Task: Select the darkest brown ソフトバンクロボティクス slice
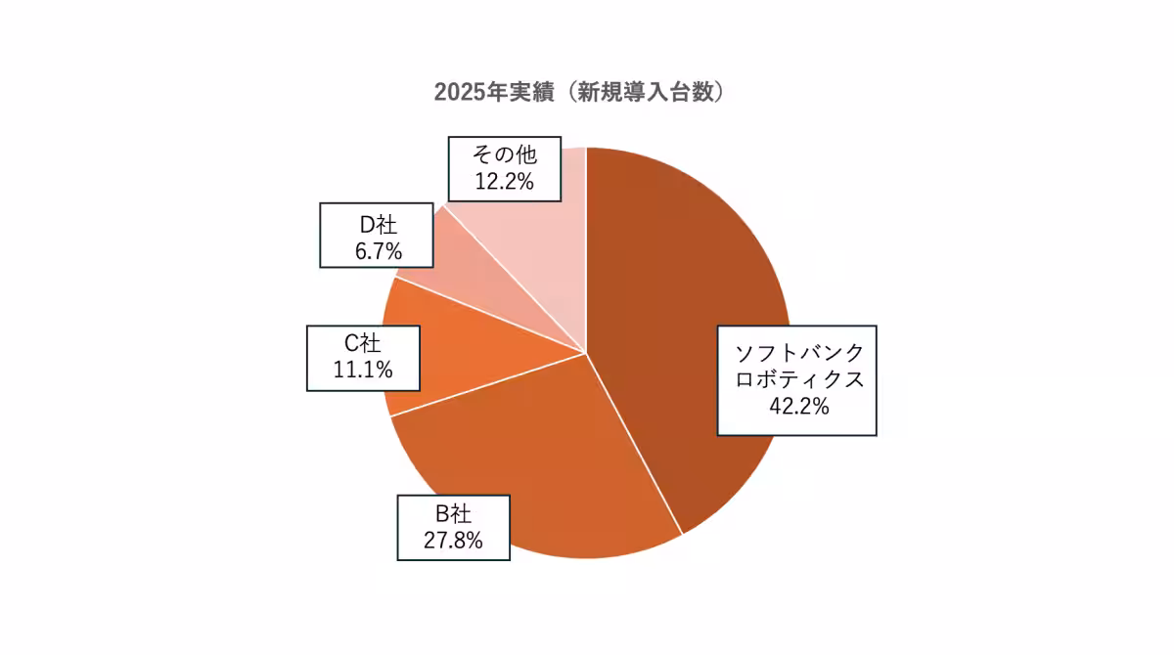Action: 685,293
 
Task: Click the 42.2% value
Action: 797,406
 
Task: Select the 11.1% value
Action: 363,370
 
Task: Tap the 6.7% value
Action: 377,251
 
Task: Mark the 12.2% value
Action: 505,182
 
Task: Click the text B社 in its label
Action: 453,513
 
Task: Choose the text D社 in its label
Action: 377,224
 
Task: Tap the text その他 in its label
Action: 505,154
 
